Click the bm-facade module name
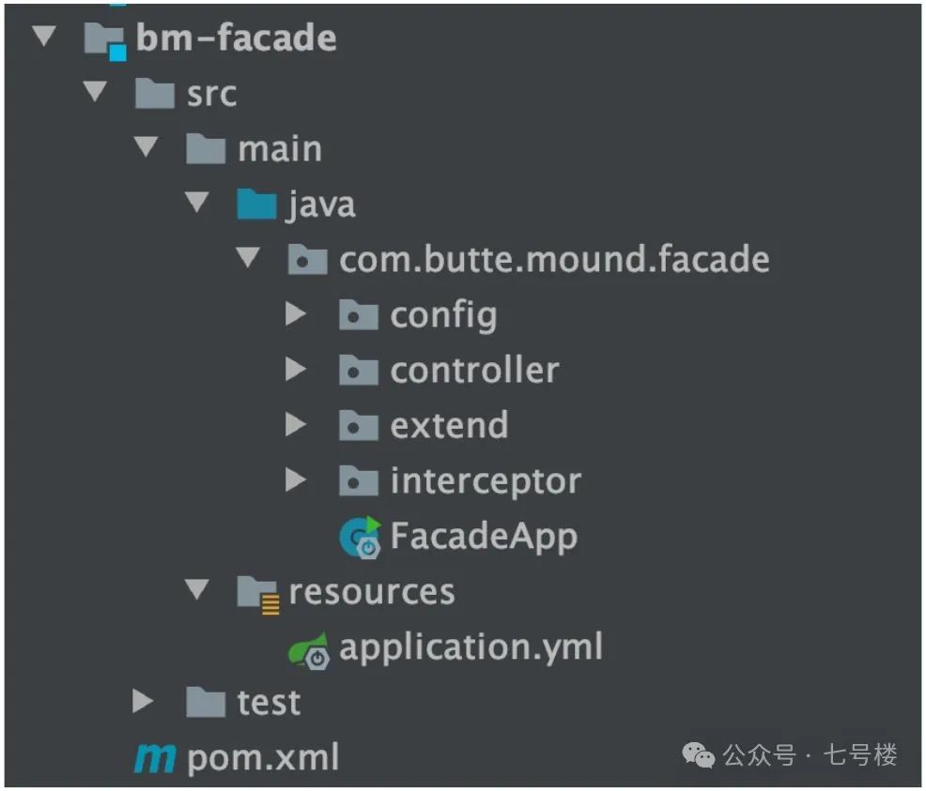[237, 38]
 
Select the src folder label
[211, 94]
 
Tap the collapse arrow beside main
[146, 146]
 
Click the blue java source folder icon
[256, 205]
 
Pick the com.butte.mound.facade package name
[554, 259]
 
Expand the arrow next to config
[295, 314]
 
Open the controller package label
[475, 371]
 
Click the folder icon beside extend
[359, 425]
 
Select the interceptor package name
[486, 481]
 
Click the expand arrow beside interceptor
[295, 480]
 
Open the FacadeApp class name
[484, 537]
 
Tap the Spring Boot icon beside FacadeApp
[361, 538]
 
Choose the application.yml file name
[471, 647]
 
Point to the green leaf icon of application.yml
[309, 650]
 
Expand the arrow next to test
[143, 701]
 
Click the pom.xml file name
[263, 757]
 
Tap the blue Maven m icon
[155, 758]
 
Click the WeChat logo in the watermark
[698, 755]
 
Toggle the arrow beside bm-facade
[44, 37]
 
